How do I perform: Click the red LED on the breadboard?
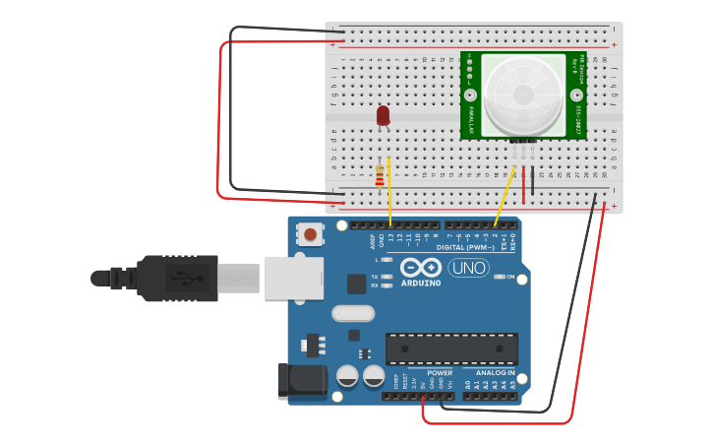coord(384,115)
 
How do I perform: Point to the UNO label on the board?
coord(468,268)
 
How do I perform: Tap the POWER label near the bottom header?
coord(440,373)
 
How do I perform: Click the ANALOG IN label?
coord(496,373)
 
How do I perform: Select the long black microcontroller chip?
coord(451,349)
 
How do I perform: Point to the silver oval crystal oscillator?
coord(353,313)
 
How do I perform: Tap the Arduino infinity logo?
coord(420,268)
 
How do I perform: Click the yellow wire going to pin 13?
coord(389,192)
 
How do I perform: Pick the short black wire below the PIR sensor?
coord(533,180)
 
